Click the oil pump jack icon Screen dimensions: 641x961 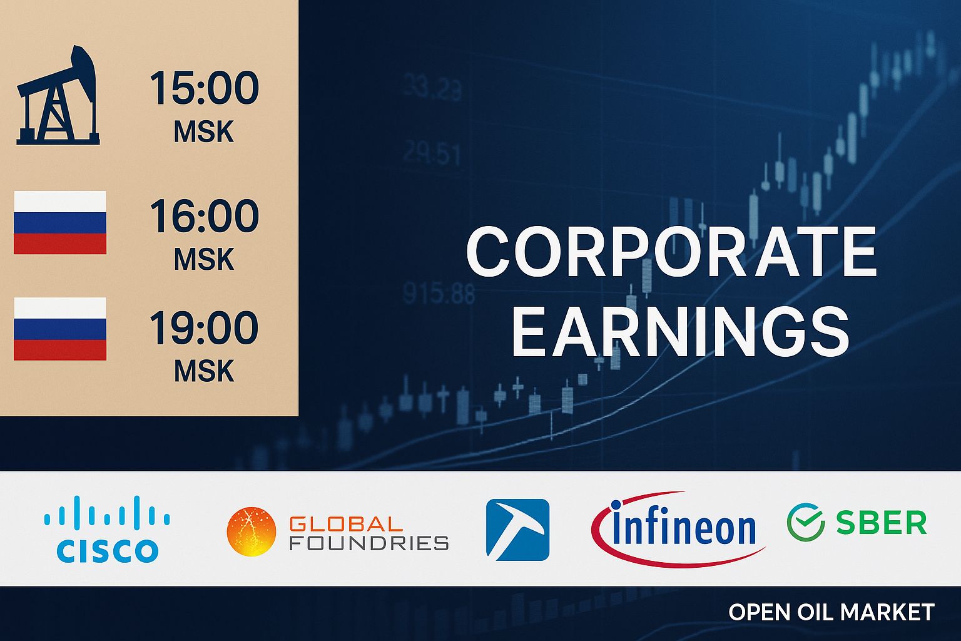(58, 97)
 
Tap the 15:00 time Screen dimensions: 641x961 (204, 88)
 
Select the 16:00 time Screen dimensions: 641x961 (204, 216)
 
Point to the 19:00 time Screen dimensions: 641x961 (204, 327)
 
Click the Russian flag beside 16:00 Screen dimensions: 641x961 (60, 222)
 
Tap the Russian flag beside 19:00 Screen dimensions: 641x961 (60, 329)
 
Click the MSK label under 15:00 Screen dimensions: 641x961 (204, 132)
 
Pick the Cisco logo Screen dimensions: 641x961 (107, 529)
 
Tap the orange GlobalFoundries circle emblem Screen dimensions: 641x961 (252, 531)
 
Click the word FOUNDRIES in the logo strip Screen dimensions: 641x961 (369, 542)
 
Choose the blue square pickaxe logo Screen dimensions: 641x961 (517, 530)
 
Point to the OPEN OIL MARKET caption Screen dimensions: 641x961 (831, 612)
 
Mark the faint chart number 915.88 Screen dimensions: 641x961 (439, 293)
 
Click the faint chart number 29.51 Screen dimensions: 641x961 (432, 153)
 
